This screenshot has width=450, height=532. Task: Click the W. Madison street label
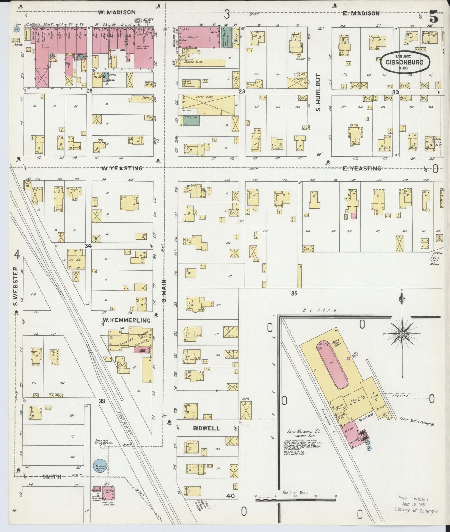(x=116, y=12)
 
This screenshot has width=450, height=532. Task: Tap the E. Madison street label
(x=361, y=13)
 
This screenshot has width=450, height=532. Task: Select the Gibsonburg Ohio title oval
(x=405, y=62)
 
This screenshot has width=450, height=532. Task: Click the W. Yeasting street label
(x=121, y=168)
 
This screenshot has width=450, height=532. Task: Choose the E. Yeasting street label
(x=362, y=168)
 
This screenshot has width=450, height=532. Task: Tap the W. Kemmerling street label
(x=126, y=320)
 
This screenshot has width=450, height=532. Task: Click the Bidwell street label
(x=206, y=428)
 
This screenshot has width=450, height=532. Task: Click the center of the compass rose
(x=402, y=334)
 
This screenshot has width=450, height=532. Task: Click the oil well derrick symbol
(x=434, y=259)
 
